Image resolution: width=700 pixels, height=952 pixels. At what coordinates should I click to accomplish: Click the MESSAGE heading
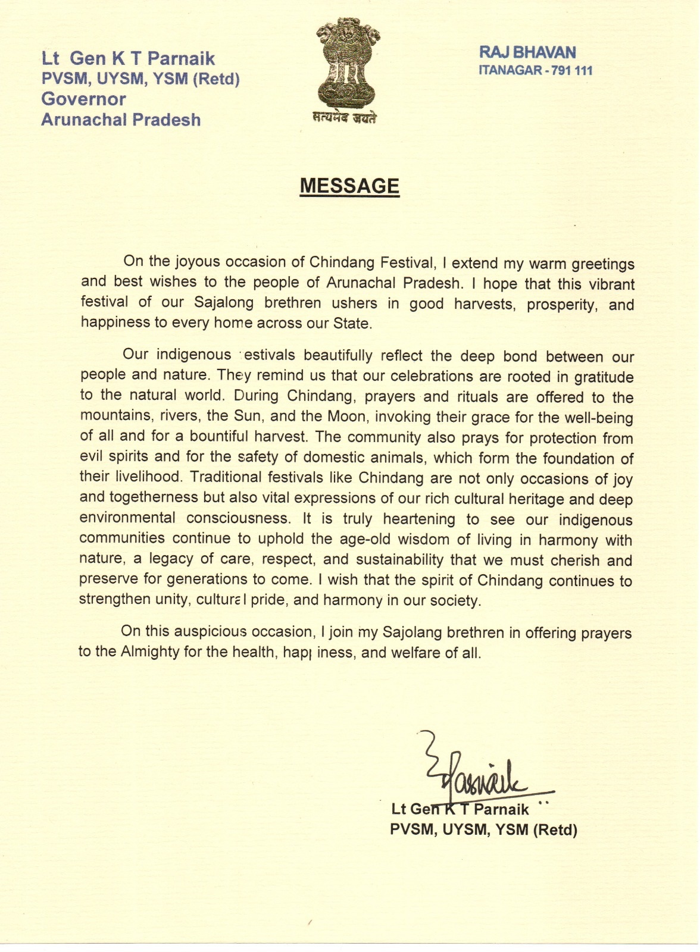[x=349, y=186]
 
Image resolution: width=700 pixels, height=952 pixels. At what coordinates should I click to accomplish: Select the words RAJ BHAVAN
[x=527, y=52]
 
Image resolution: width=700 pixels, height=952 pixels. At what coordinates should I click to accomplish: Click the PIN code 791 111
[x=572, y=71]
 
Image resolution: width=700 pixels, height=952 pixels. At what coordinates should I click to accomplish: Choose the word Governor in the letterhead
[x=83, y=99]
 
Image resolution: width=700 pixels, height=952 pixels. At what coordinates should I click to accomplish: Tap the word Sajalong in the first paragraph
[x=224, y=302]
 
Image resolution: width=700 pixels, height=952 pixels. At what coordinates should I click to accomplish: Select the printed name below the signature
[x=460, y=809]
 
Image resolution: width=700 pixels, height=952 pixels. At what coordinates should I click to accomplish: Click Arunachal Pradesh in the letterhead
[x=121, y=120]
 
